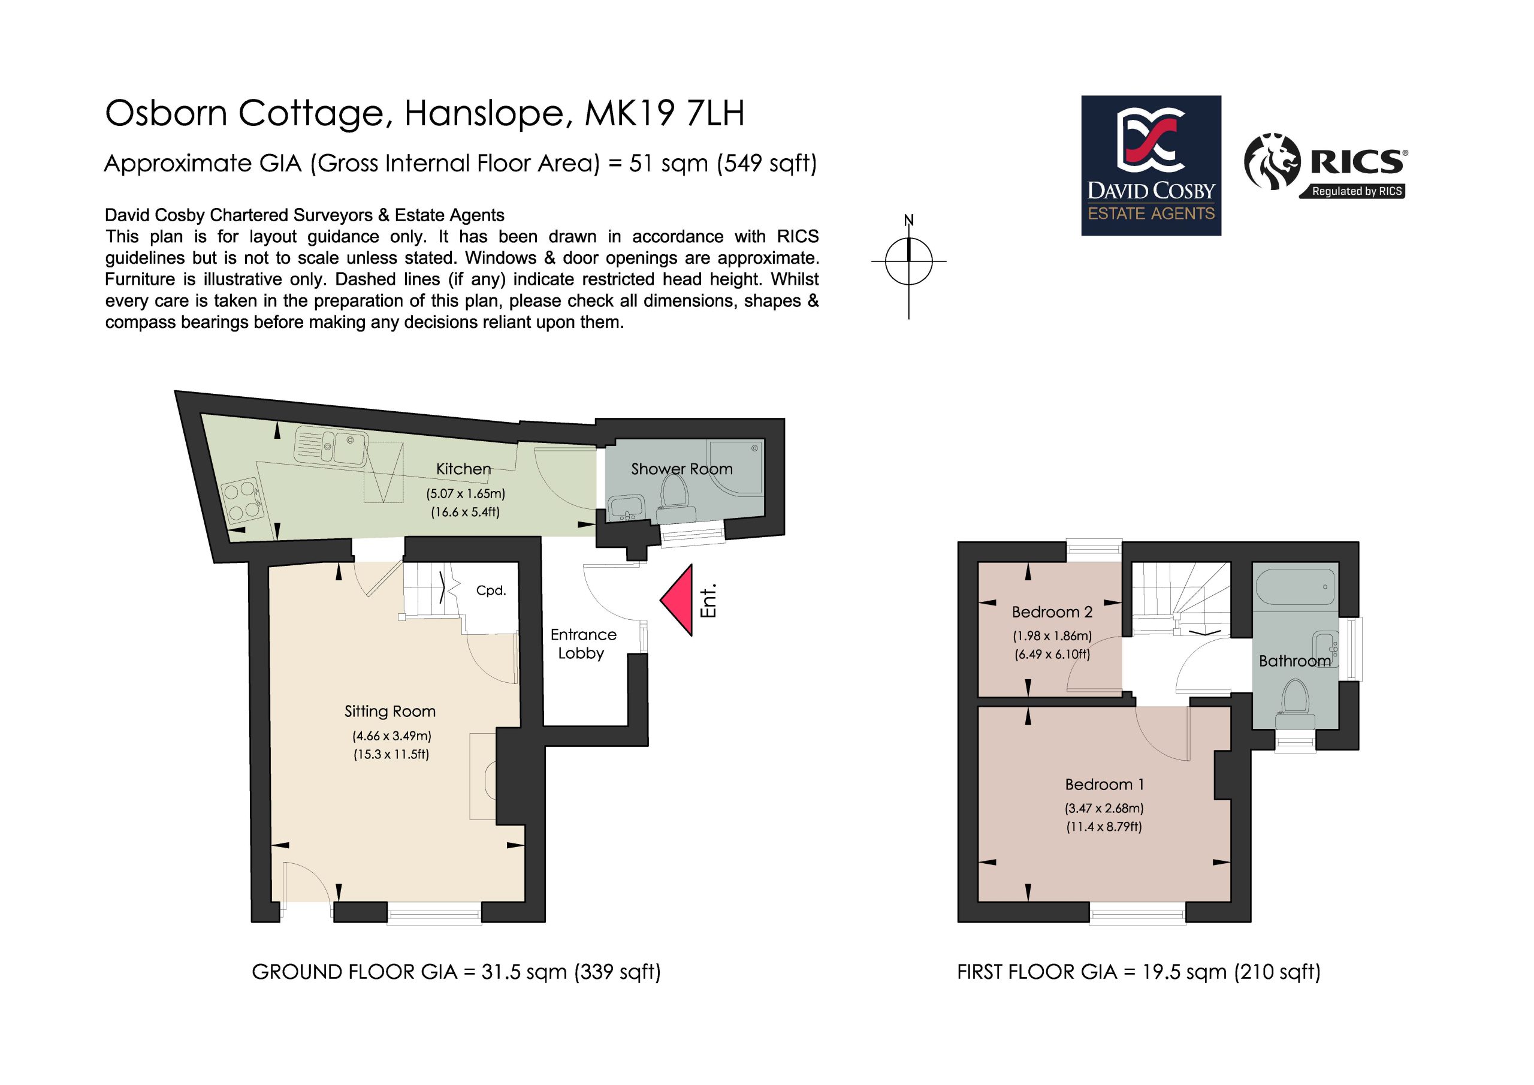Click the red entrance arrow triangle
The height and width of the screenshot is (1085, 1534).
[x=680, y=600]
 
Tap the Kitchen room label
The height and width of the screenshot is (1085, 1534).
[x=464, y=469]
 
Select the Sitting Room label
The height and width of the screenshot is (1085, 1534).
[x=390, y=712]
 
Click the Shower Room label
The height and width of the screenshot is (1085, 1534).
[x=681, y=469]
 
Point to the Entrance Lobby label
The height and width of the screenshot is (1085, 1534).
[x=582, y=644]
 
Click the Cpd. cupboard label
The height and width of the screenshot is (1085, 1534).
[x=491, y=591]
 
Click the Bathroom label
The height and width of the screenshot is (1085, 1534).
[x=1295, y=661]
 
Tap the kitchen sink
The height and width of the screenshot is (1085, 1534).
[x=330, y=446]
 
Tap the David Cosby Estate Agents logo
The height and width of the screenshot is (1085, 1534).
[x=1151, y=166]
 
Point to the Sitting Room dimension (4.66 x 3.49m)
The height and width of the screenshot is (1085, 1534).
[x=392, y=736]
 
